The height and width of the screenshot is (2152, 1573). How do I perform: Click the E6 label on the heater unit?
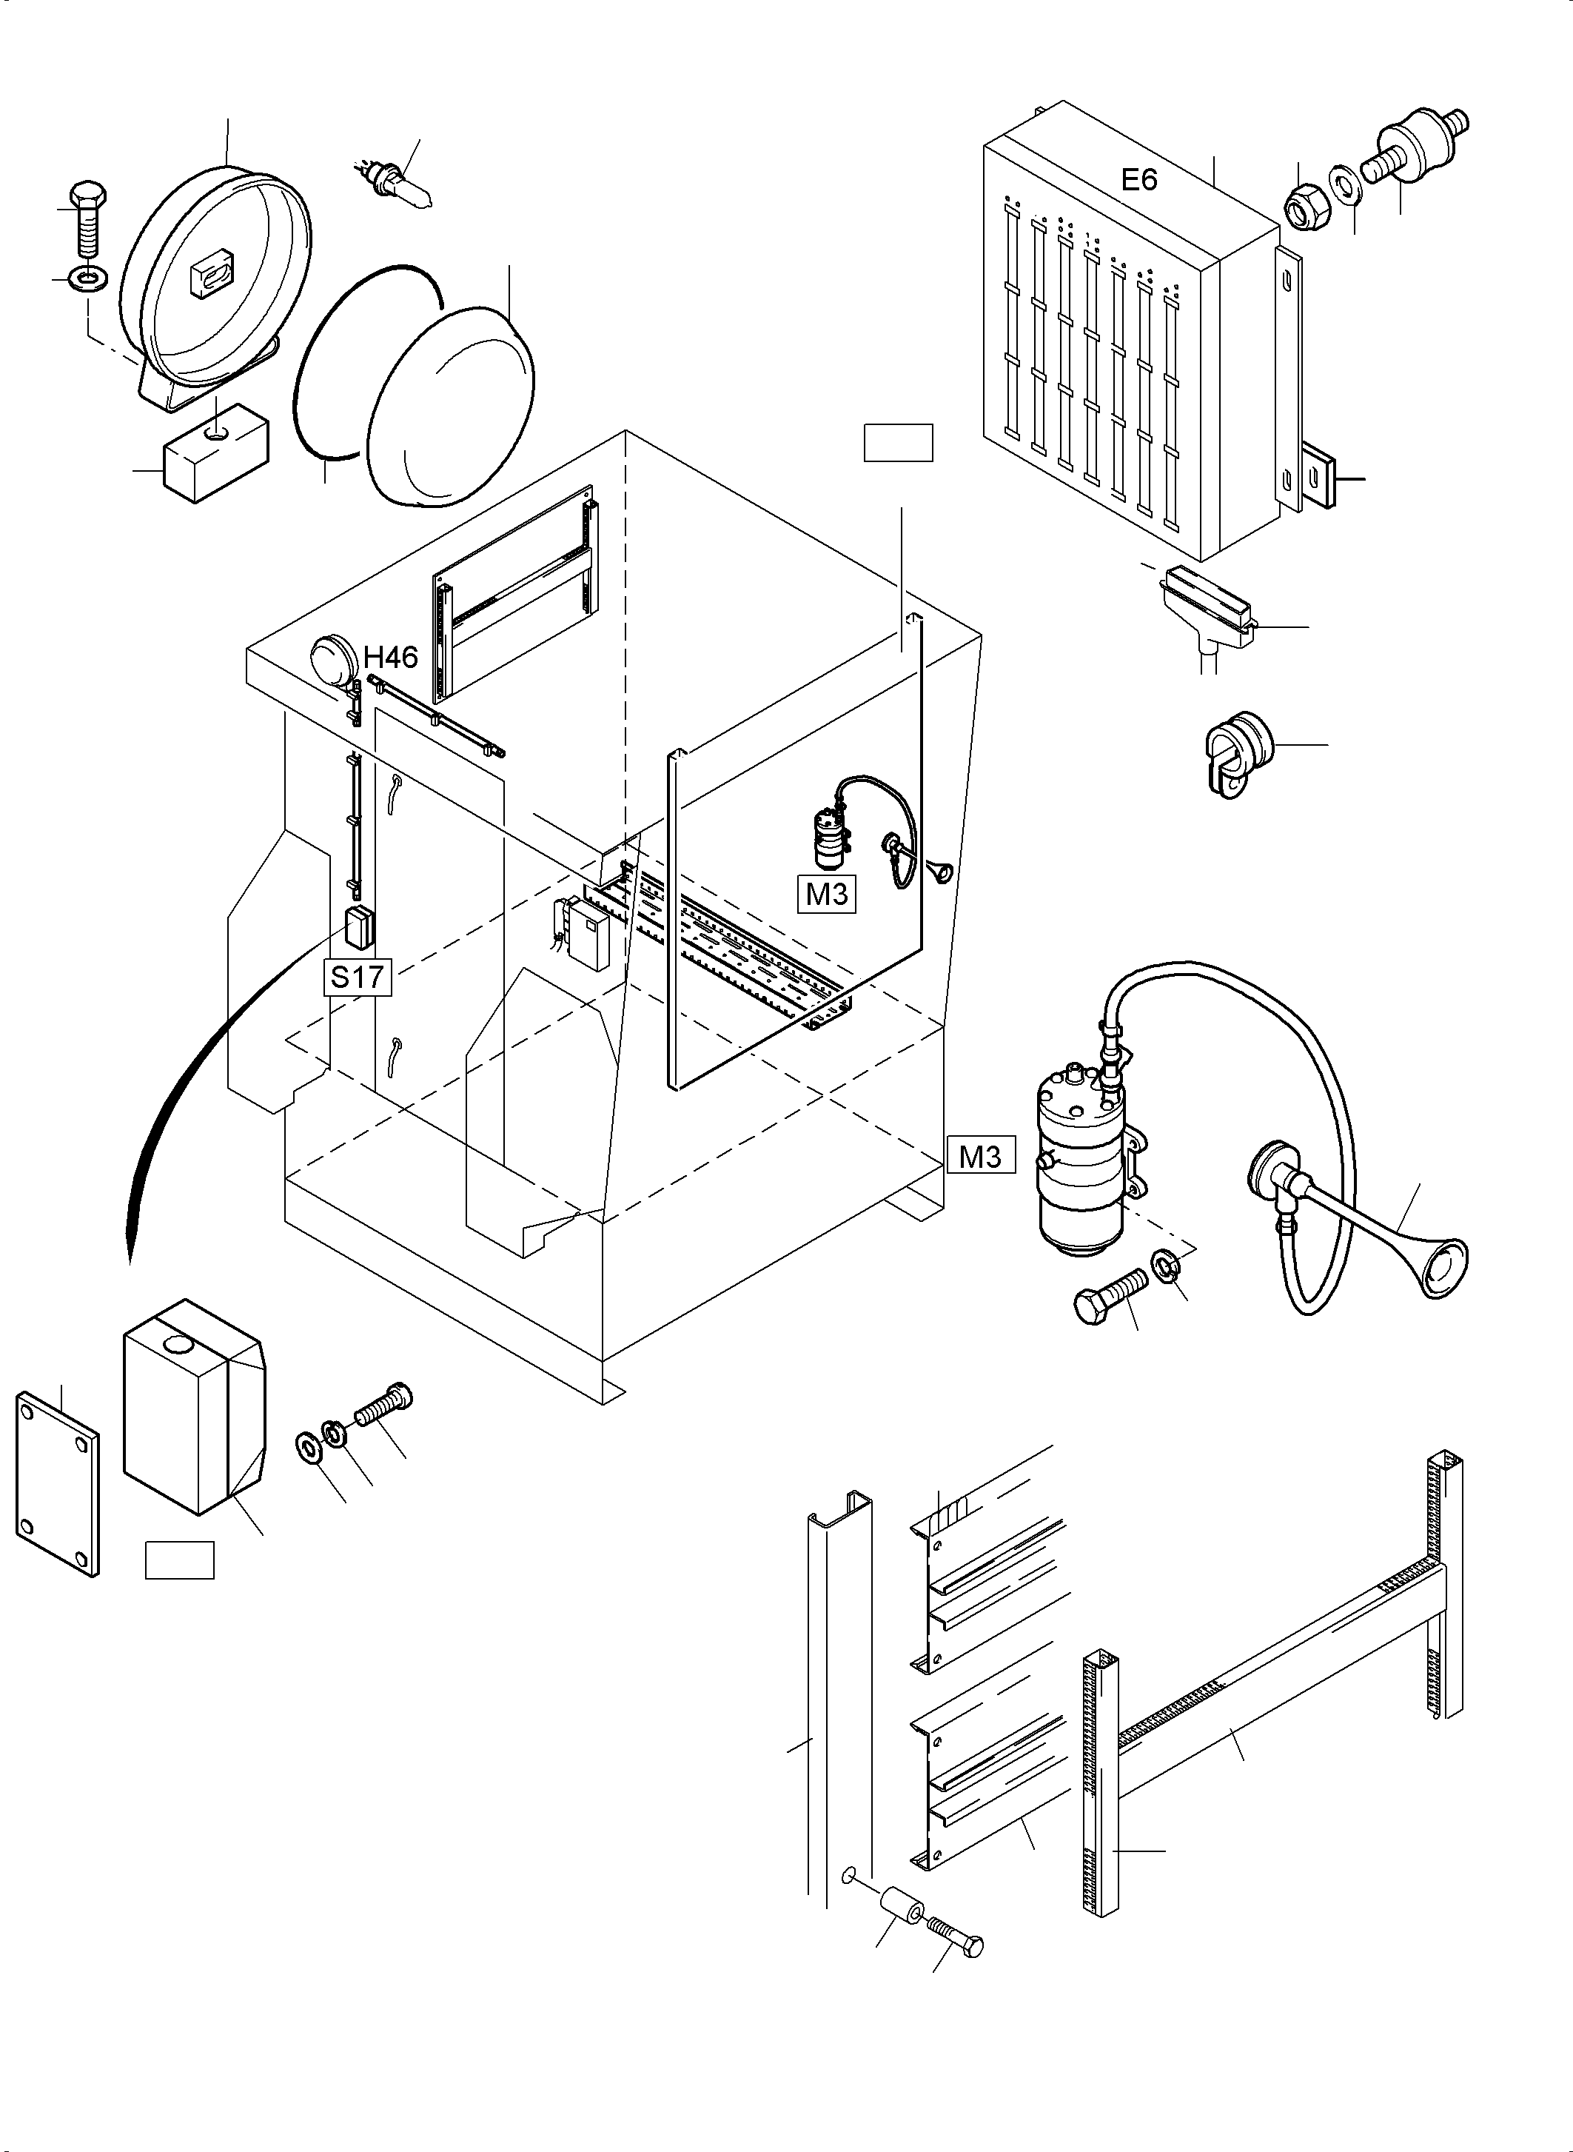(x=1138, y=179)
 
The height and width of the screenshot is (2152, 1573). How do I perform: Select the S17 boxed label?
(x=357, y=977)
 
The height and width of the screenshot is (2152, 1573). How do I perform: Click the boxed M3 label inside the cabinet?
(x=827, y=895)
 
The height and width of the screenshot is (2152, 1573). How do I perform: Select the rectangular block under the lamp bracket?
(x=214, y=452)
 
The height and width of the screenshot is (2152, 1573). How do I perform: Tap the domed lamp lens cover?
(x=449, y=405)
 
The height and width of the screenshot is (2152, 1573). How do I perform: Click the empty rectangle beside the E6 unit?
(x=898, y=443)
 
